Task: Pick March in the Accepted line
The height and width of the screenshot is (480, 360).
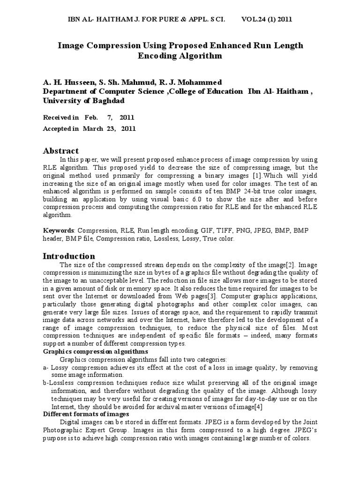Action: point(92,128)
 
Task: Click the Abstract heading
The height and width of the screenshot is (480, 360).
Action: point(61,151)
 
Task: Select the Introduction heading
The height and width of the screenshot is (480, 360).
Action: point(69,256)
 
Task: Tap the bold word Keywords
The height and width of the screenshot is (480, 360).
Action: point(59,231)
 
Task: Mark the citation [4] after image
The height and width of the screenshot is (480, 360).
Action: point(258,406)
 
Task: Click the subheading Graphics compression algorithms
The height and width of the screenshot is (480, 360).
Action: point(96,351)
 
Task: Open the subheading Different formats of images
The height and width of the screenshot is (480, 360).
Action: point(86,414)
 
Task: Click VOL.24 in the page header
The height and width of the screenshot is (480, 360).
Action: point(255,19)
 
